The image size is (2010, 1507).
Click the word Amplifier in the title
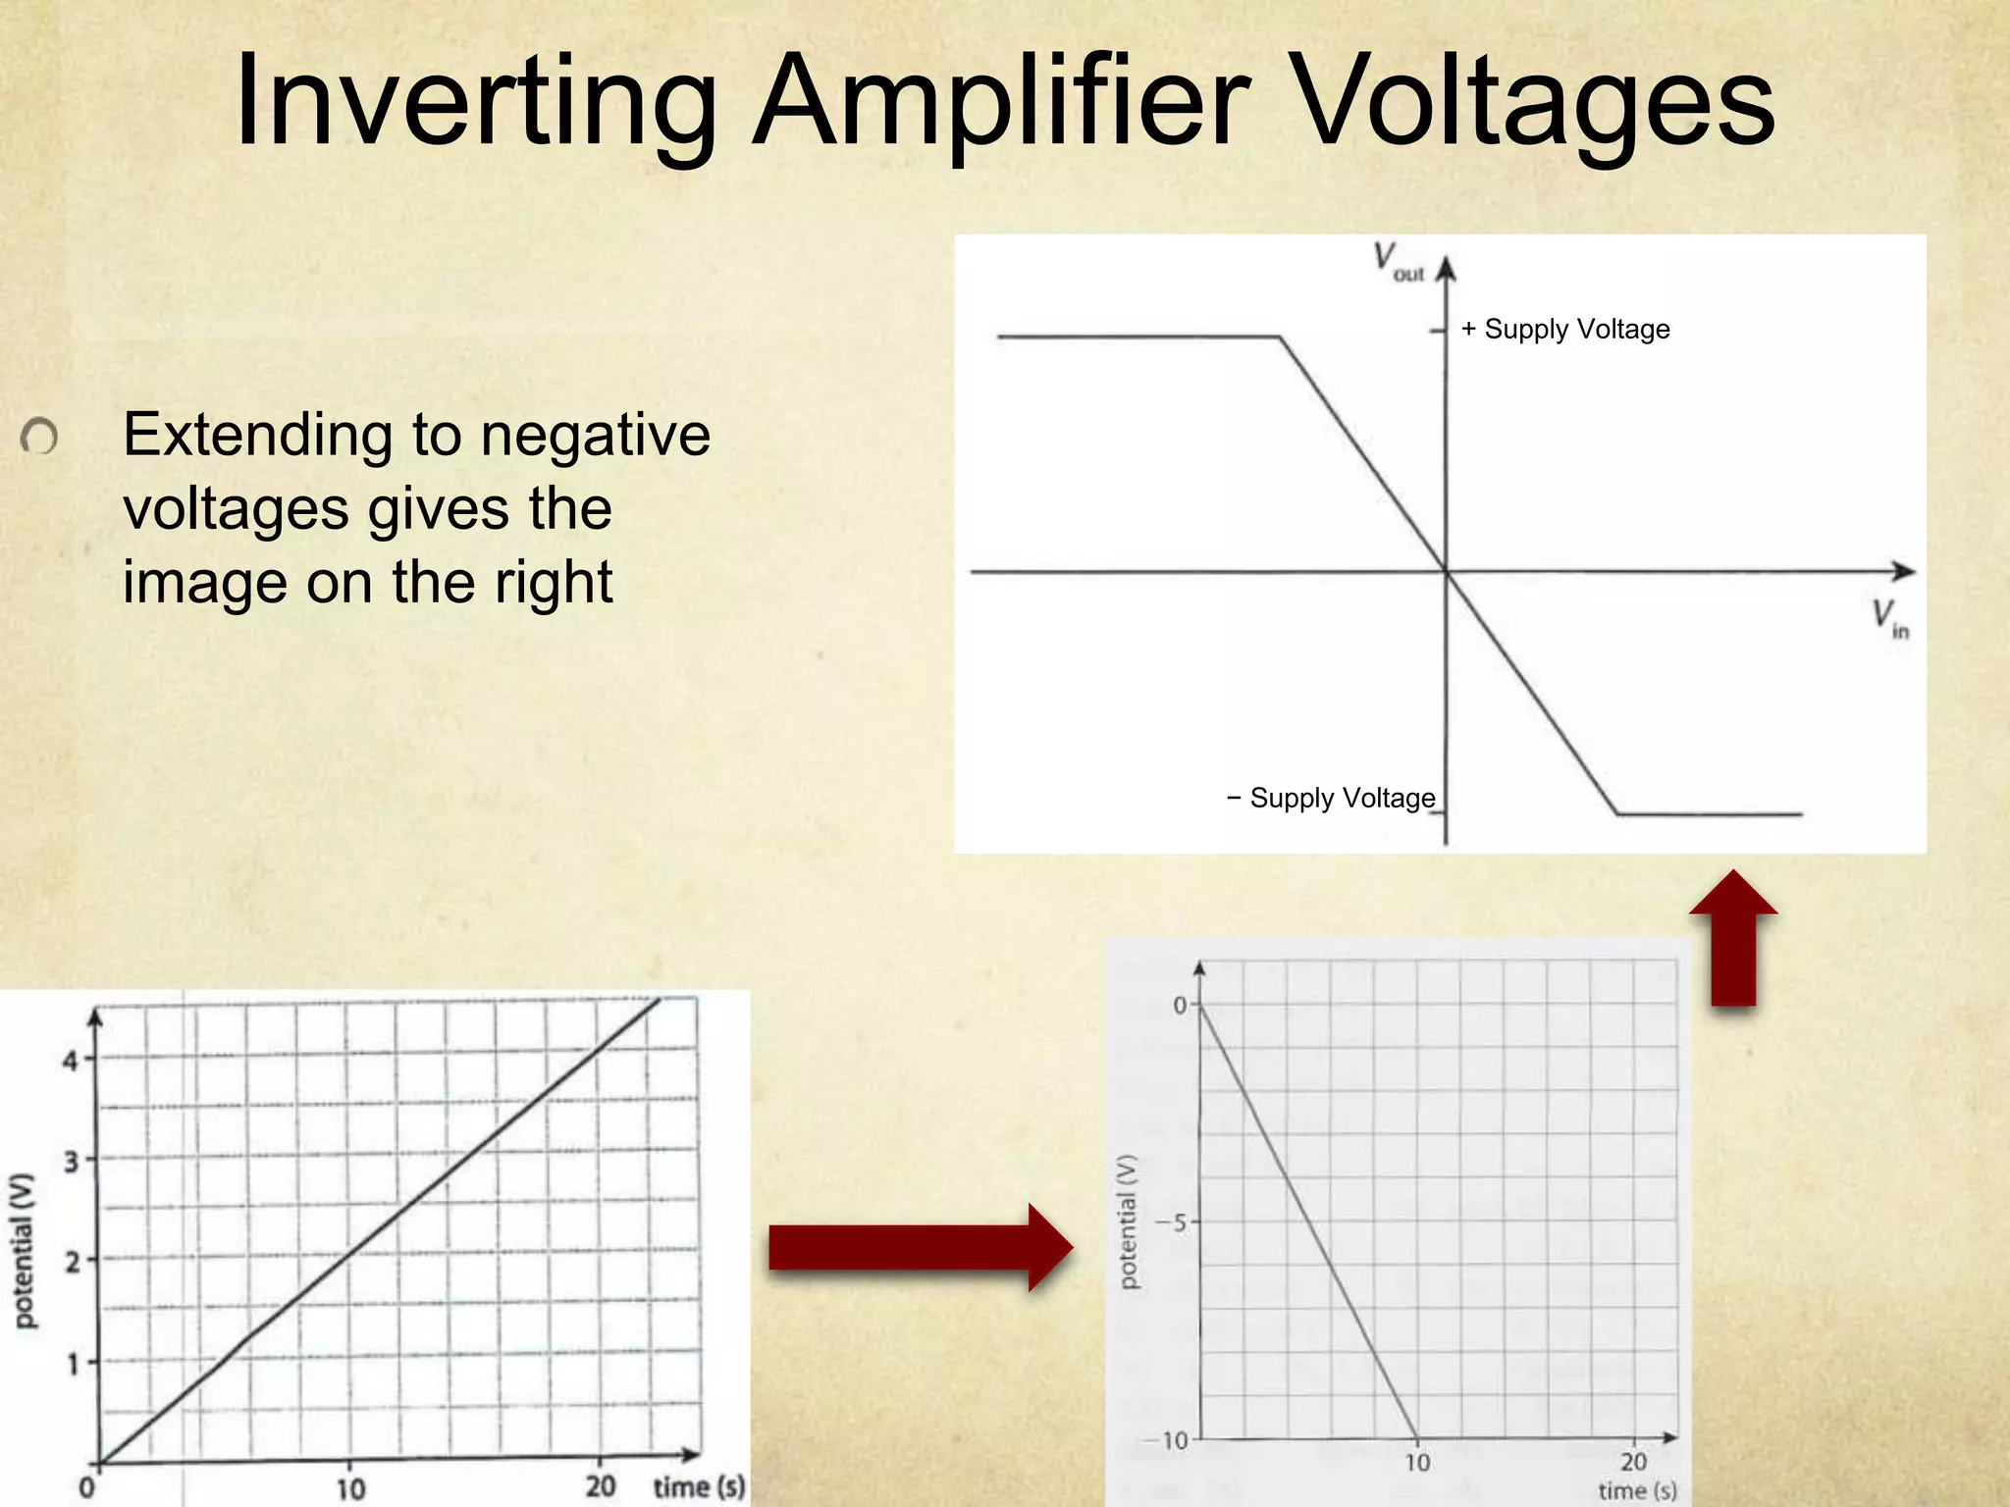pos(1001,103)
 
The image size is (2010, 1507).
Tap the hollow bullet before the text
pos(39,437)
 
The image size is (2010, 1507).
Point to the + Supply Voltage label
pos(1565,330)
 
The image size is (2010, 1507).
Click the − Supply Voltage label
pos(1331,799)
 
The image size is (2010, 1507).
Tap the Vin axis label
pos(1889,618)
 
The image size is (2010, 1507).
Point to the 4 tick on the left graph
pos(70,1061)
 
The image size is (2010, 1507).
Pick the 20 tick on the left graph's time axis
pos(601,1486)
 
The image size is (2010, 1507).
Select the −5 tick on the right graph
pos(1171,1222)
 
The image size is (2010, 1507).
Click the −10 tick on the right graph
pos(1168,1440)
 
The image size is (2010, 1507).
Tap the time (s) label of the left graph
pos(699,1486)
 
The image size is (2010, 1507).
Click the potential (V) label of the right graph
pos(1129,1221)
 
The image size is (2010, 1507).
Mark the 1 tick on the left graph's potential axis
pos(72,1364)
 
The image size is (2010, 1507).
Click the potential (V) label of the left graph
pos(24,1251)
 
